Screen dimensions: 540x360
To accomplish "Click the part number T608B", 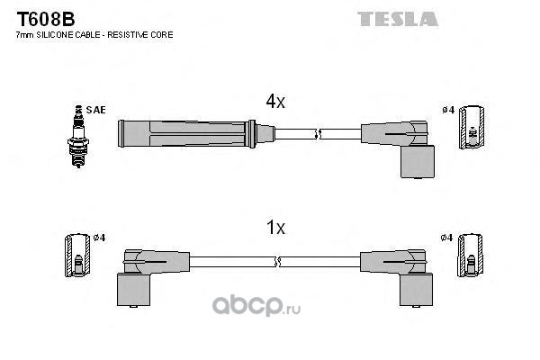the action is point(46,19).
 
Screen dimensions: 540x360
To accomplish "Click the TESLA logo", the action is point(398,19).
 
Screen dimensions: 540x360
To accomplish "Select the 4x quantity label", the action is point(275,102).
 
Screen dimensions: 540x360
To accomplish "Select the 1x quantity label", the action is point(276,228).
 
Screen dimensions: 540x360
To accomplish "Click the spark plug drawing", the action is point(78,137).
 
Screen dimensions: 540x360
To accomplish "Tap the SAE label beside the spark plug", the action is point(95,110).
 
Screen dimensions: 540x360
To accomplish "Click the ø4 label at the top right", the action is point(448,110).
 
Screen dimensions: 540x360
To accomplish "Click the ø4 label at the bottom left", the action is point(99,238).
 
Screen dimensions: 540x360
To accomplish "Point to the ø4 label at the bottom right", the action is point(446,238).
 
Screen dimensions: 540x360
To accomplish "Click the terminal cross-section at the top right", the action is point(472,128).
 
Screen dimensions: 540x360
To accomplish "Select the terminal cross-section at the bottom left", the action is point(77,256).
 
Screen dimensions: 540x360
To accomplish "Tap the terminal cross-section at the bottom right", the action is point(470,256).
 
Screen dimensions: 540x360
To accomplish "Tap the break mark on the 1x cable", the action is point(277,262).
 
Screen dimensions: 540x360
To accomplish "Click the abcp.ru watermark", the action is point(256,305).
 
